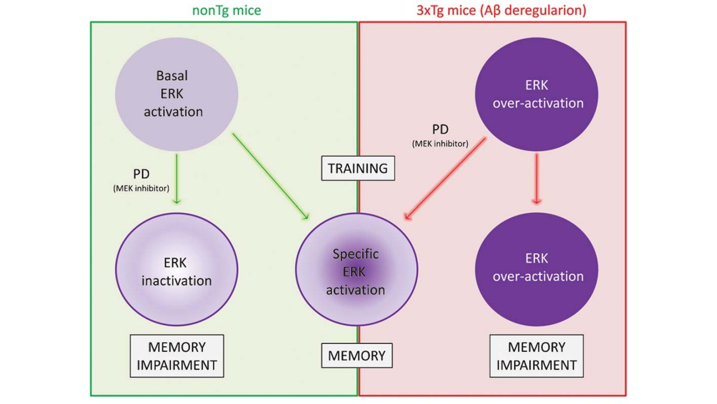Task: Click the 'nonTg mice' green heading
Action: (x=226, y=10)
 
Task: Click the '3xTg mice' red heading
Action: (x=501, y=10)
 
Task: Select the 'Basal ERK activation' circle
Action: (x=176, y=93)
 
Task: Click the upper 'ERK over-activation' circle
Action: (x=536, y=94)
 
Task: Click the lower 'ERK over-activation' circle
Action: (x=536, y=267)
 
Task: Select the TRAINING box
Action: (x=358, y=168)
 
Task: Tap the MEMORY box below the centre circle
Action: (x=357, y=355)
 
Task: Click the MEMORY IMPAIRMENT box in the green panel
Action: (x=177, y=356)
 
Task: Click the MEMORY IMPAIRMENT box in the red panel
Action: (x=537, y=356)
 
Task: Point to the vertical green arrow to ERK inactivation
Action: (x=176, y=178)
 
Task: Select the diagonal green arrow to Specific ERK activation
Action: (x=270, y=176)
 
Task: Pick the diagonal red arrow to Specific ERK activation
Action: (x=445, y=180)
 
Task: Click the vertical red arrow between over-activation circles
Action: (x=537, y=178)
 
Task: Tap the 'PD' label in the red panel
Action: (x=440, y=130)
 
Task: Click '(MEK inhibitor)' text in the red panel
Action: (x=440, y=144)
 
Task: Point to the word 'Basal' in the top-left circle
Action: (x=173, y=76)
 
